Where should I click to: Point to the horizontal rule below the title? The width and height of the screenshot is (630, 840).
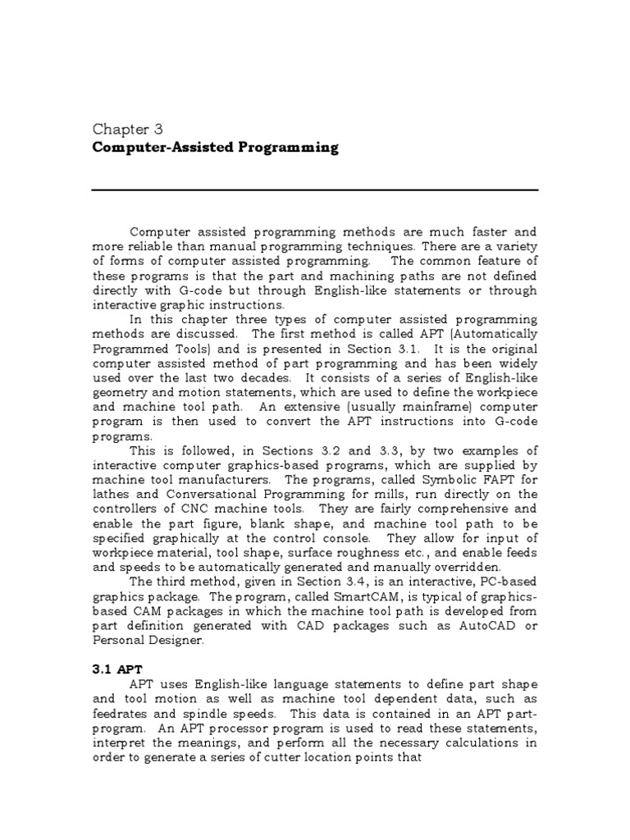point(315,189)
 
